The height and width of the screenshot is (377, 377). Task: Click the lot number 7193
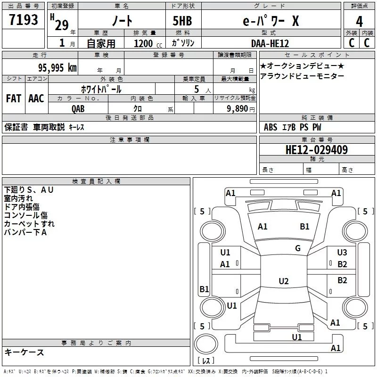tap(24, 20)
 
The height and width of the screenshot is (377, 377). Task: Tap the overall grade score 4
tap(359, 22)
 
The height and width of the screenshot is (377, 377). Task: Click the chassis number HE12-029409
tap(317, 150)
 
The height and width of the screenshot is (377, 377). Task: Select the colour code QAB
tap(78, 108)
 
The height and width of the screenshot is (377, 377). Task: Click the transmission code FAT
tap(13, 98)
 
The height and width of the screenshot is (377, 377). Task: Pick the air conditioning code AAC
tap(36, 98)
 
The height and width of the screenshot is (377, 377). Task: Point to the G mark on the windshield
tap(298, 248)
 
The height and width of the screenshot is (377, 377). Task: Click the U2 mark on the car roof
tap(283, 281)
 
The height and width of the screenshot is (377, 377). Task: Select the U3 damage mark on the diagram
tap(342, 253)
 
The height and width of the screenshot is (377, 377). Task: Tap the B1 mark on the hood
tap(304, 227)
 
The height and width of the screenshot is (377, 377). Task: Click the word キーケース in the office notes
tap(24, 352)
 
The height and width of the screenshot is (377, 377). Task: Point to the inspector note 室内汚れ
tap(18, 198)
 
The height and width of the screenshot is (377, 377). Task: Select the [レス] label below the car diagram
tap(205, 361)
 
